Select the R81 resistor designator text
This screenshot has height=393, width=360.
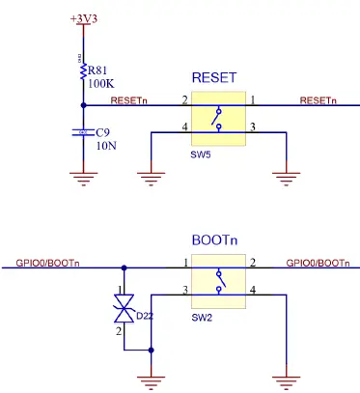[98, 70]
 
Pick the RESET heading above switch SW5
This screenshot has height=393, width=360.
[215, 77]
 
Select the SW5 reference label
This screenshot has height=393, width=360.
[200, 154]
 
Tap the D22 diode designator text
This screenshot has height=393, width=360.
[146, 315]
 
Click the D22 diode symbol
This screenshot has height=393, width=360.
[122, 310]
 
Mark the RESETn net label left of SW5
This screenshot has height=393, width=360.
[129, 100]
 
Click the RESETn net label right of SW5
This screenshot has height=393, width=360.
[318, 100]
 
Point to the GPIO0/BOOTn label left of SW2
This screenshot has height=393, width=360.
[48, 264]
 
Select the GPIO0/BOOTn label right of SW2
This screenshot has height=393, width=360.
[318, 264]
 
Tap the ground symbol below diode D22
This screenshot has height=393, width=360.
[150, 382]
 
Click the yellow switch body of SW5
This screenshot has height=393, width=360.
[218, 116]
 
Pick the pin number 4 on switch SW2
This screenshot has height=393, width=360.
[254, 291]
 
